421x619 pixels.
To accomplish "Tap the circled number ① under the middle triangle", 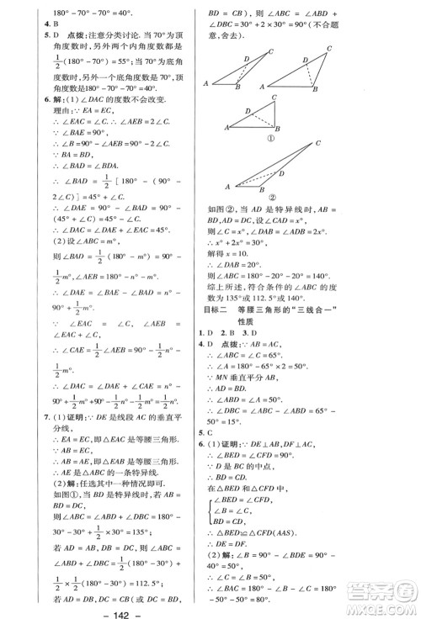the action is point(272,138).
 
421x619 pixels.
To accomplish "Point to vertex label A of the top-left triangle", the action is point(206,83).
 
